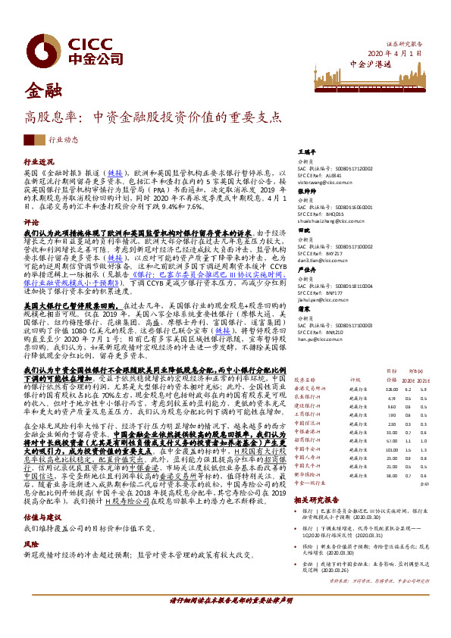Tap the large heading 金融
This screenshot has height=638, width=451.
(42, 92)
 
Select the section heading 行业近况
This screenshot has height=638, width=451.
(39, 162)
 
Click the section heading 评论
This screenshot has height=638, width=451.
(31, 223)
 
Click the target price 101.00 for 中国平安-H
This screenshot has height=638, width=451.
(392, 449)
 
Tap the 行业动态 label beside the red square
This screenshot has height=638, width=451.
(63, 140)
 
